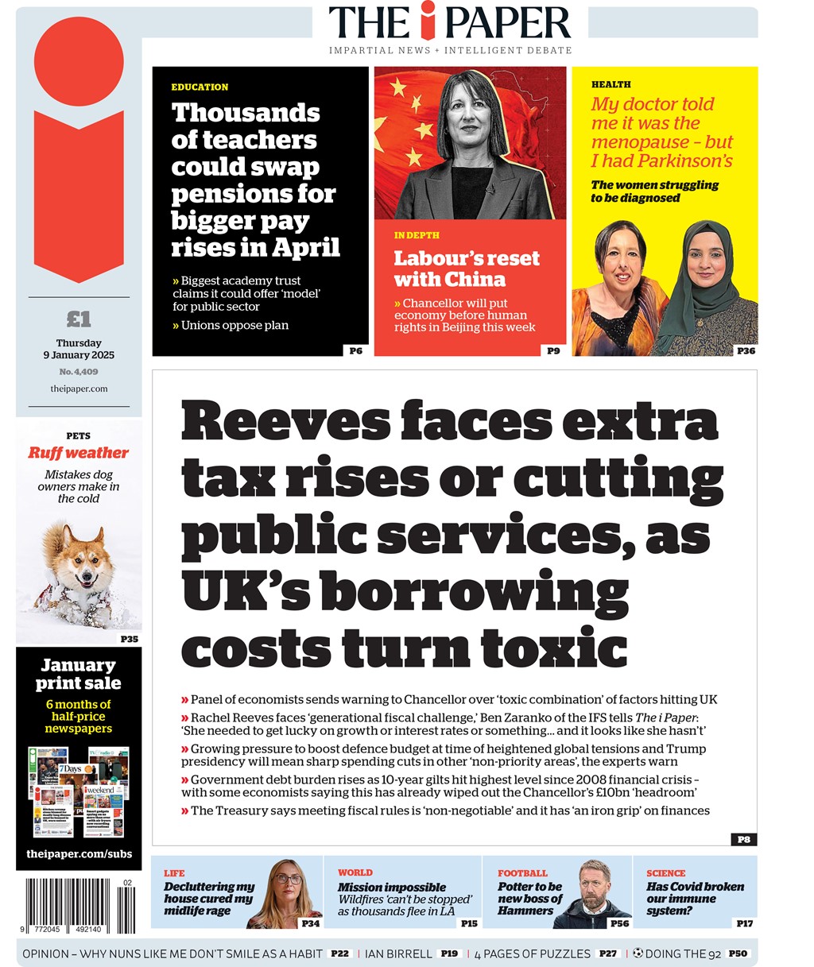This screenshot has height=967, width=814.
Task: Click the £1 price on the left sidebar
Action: pyautogui.click(x=79, y=319)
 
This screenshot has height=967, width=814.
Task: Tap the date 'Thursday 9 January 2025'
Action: pyautogui.click(x=79, y=349)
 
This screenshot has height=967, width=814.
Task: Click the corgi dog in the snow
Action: pyautogui.click(x=79, y=568)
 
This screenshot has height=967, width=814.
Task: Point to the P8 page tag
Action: pyautogui.click(x=743, y=839)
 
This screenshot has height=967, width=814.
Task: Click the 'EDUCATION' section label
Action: pyautogui.click(x=200, y=87)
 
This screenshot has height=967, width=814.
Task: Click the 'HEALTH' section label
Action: pyautogui.click(x=610, y=84)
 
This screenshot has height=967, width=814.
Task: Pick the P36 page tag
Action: pyautogui.click(x=746, y=350)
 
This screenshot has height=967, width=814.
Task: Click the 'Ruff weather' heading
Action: pyautogui.click(x=78, y=453)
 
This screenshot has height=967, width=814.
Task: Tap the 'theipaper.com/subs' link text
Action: pyautogui.click(x=79, y=854)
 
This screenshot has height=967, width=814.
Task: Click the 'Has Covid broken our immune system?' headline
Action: pyautogui.click(x=695, y=899)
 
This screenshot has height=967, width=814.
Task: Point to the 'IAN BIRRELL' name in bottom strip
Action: pyautogui.click(x=399, y=953)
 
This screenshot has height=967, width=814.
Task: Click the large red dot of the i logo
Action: pyautogui.click(x=79, y=62)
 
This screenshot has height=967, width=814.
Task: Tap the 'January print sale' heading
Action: pyautogui.click(x=79, y=674)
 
